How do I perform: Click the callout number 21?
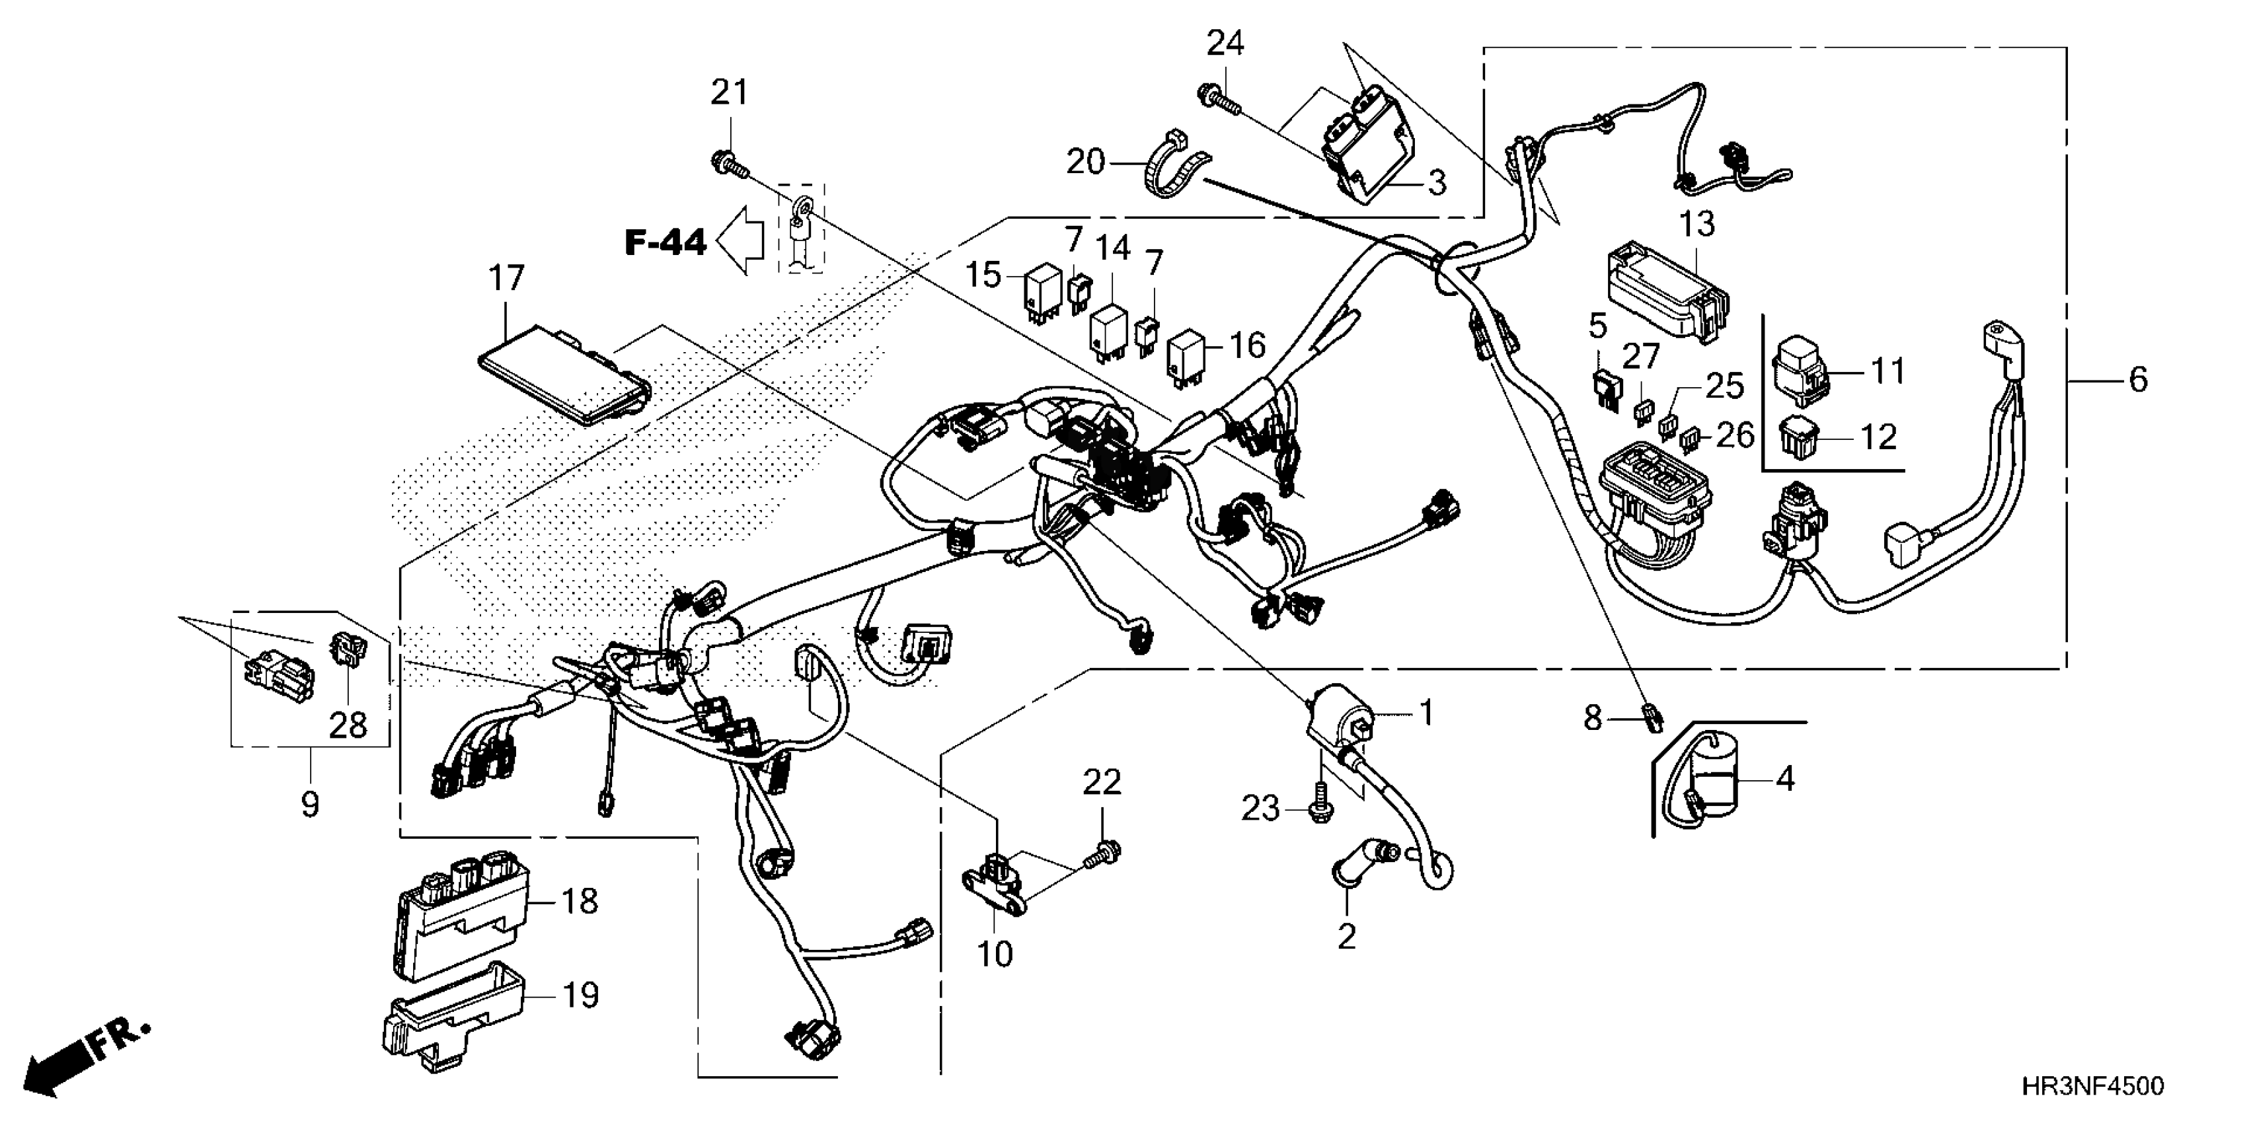[729, 92]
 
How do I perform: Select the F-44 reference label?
[666, 242]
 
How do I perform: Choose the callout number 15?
[983, 275]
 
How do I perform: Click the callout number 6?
[2138, 379]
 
